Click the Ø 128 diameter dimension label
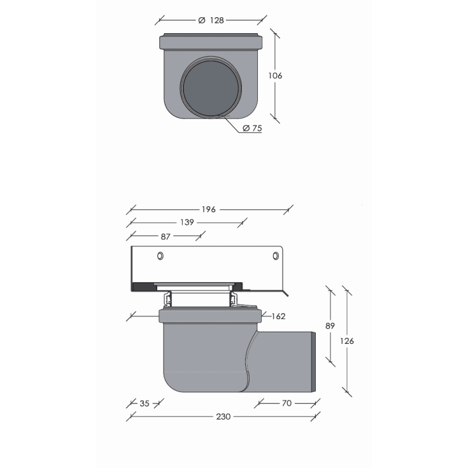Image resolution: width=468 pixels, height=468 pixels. (211, 20)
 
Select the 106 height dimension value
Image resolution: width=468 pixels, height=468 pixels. (275, 76)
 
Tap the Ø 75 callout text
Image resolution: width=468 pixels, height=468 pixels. (252, 128)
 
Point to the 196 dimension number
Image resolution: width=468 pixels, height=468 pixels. (208, 209)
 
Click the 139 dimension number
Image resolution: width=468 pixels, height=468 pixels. (187, 222)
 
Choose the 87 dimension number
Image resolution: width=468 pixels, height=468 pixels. (166, 237)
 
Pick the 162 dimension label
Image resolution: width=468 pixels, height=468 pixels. (278, 316)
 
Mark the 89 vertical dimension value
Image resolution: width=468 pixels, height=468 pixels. (330, 325)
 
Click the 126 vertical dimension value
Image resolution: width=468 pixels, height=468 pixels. (347, 341)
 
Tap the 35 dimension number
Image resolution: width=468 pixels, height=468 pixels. (145, 404)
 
